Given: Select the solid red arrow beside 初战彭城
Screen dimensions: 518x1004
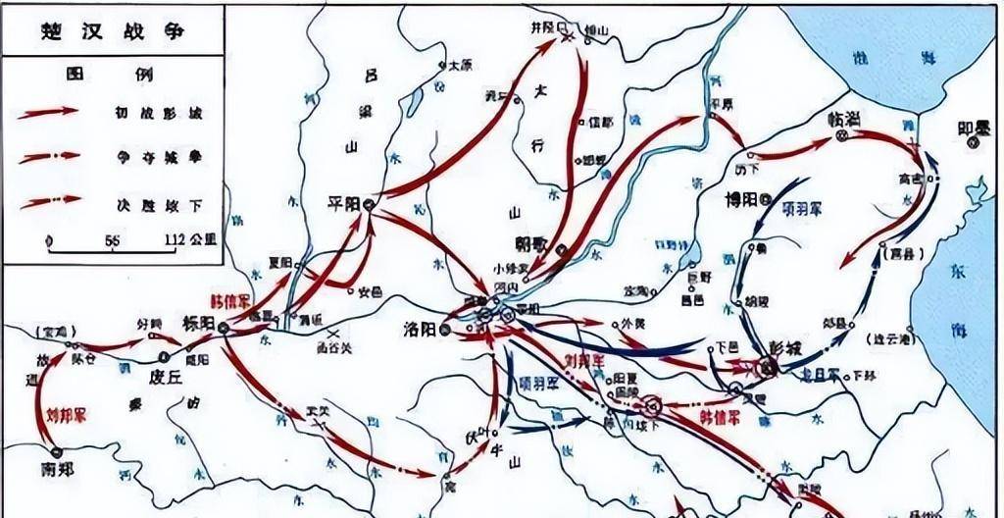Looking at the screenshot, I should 48,112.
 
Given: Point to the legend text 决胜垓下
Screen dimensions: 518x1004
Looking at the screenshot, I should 157,203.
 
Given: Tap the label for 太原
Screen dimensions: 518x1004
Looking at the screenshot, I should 460,67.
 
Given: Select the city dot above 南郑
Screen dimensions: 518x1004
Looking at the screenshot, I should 56,452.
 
